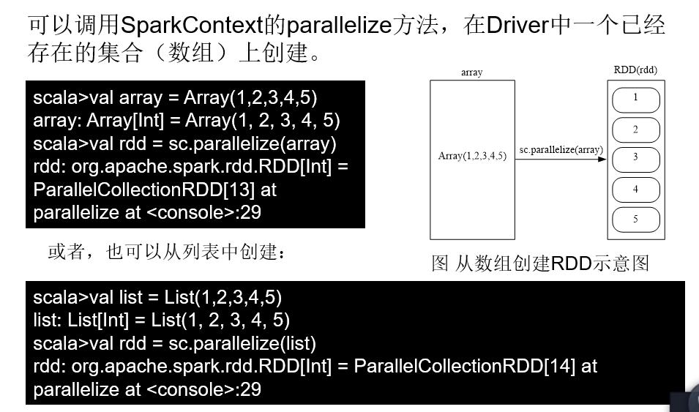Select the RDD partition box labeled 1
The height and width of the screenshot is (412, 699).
635,98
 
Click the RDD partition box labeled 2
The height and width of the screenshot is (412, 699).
635,130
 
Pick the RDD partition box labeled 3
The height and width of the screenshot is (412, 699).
635,157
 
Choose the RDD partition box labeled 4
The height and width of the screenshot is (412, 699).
635,189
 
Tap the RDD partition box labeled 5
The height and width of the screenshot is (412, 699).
635,219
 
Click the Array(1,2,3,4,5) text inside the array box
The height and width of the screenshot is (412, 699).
472,156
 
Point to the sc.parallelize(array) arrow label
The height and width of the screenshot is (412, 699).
561,149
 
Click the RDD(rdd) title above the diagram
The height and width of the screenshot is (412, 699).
635,70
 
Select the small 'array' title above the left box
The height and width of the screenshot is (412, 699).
472,72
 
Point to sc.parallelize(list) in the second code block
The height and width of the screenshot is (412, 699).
242,343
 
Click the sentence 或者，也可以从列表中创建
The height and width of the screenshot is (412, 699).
165,252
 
